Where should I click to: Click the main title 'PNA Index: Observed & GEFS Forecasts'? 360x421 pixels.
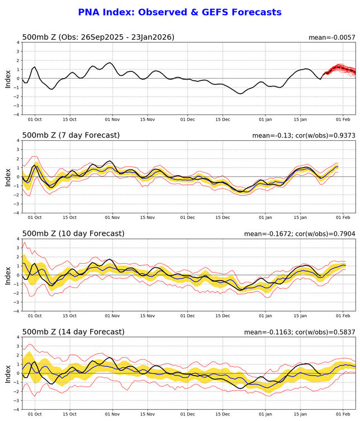(179, 12)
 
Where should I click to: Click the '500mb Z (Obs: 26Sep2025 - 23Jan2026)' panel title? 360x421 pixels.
(98, 37)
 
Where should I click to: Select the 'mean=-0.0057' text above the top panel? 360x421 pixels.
(332, 38)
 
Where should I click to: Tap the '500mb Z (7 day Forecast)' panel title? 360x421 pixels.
(71, 135)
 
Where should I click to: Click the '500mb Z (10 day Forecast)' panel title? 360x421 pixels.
(73, 234)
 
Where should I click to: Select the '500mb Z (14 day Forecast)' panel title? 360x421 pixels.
(73, 332)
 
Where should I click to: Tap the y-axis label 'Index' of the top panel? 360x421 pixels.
(8, 78)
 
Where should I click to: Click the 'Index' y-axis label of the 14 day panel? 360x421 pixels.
(8, 373)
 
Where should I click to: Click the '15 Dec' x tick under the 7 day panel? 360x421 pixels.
(223, 218)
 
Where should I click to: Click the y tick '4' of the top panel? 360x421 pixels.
(18, 42)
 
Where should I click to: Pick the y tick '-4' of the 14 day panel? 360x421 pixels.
(17, 409)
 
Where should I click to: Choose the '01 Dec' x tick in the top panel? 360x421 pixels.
(187, 120)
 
